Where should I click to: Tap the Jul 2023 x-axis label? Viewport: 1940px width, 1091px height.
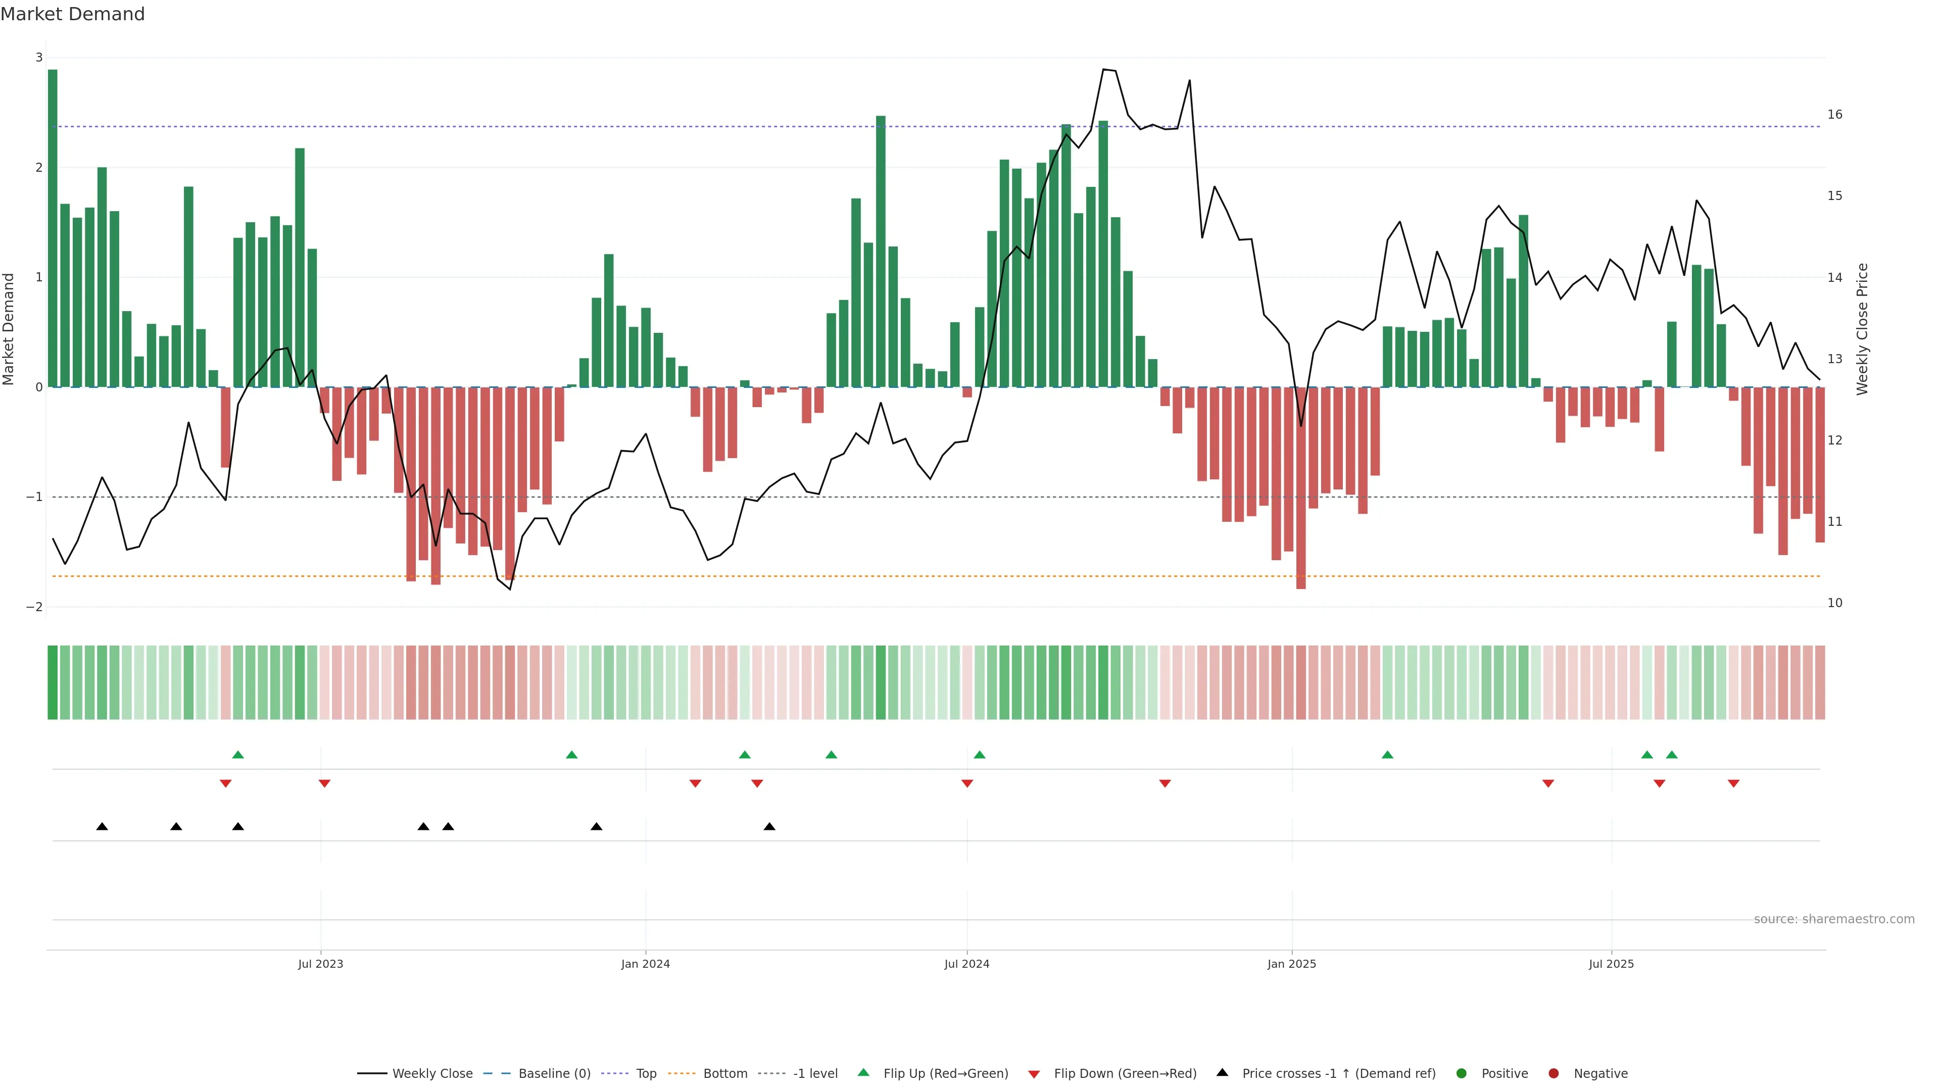(320, 964)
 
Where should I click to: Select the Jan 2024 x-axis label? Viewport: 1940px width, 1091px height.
(646, 964)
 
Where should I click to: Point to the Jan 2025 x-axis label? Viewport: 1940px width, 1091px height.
(1292, 964)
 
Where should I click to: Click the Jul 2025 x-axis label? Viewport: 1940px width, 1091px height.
(1611, 964)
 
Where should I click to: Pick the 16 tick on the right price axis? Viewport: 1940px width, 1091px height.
(1834, 115)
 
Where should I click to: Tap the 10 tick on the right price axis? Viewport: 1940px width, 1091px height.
(1834, 603)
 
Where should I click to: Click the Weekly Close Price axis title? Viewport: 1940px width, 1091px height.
(1862, 329)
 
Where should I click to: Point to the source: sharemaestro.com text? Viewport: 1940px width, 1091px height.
(1834, 919)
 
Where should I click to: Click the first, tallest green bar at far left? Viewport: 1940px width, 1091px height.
(53, 226)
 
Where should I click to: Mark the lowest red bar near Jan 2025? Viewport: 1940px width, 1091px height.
(1300, 489)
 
